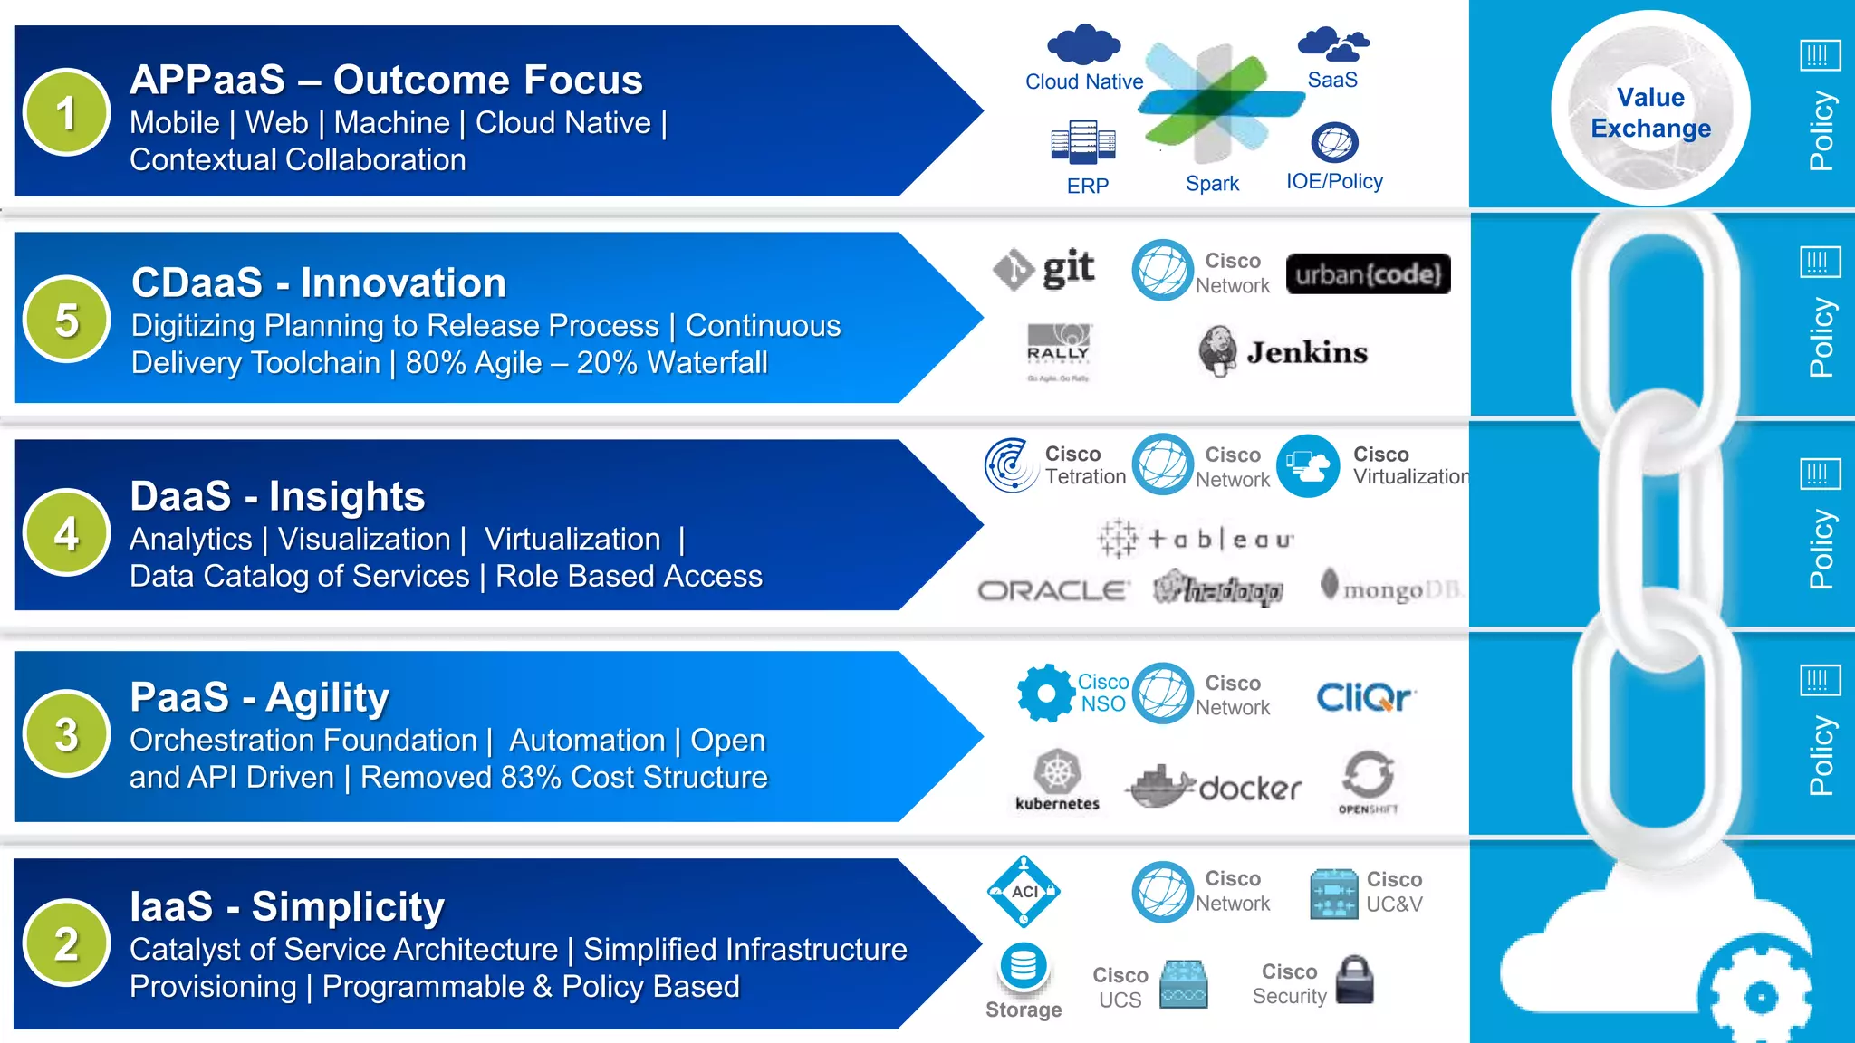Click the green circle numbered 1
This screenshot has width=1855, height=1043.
click(66, 112)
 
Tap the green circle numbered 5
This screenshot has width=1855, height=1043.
click(66, 320)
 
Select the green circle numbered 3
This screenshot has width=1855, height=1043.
click(66, 733)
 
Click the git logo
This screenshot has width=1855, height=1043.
click(1044, 269)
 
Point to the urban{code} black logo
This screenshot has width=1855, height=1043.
click(1368, 274)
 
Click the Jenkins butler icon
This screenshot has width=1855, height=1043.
click(1217, 350)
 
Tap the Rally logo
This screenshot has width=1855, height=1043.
click(1058, 351)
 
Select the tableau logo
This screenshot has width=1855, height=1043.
click(1196, 539)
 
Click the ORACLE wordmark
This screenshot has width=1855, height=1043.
click(1053, 591)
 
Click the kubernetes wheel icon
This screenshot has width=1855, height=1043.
click(1057, 772)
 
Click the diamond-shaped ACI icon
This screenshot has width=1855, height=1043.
click(1024, 891)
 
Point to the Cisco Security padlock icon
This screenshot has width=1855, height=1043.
click(1354, 981)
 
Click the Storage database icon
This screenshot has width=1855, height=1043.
click(1024, 966)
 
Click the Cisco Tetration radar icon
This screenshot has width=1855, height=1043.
click(1010, 465)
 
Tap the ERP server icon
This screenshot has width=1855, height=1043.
click(1083, 141)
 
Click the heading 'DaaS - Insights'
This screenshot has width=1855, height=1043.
click(277, 496)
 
